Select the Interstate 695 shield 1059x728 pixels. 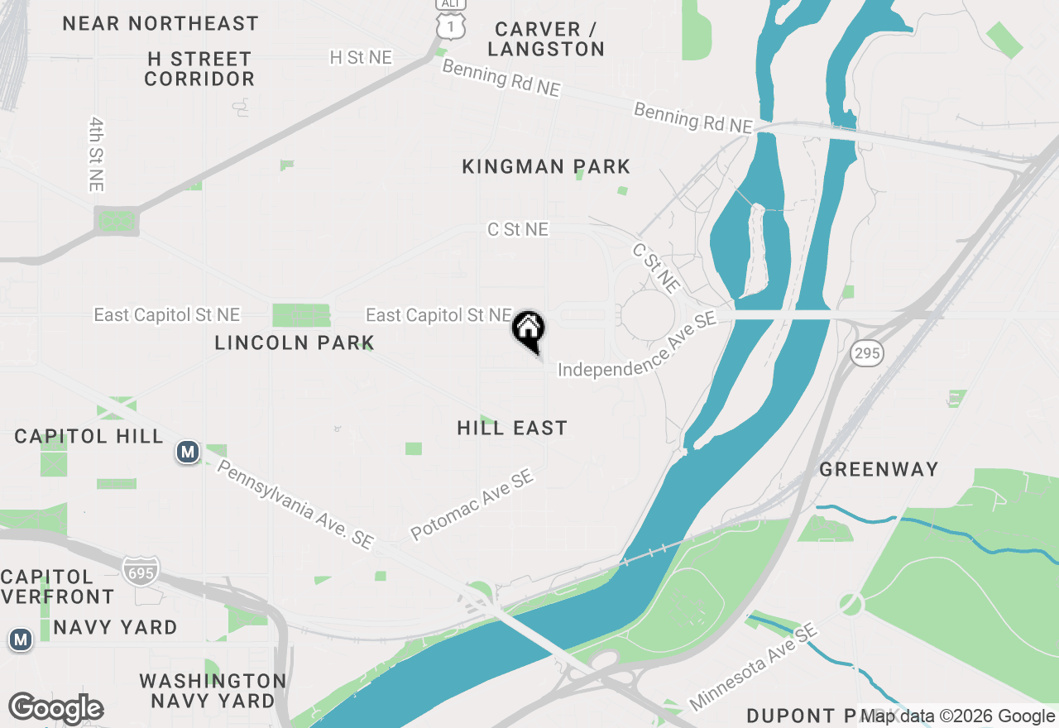140,571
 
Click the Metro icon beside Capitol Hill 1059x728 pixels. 188,452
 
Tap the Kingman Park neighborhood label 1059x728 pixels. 546,166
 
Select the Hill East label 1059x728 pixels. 512,428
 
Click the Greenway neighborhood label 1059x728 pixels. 879,469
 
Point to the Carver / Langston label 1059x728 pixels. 546,39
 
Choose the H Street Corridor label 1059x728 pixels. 199,69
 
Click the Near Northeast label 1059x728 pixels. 161,22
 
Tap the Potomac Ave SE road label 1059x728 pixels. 472,505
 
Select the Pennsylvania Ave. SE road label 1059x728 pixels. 295,504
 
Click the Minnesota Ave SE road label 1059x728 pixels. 753,667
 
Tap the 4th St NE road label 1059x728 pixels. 96,154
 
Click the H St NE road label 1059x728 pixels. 361,57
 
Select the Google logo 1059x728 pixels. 55,708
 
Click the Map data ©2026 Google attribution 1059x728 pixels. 958,716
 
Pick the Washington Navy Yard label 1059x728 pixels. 213,691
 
